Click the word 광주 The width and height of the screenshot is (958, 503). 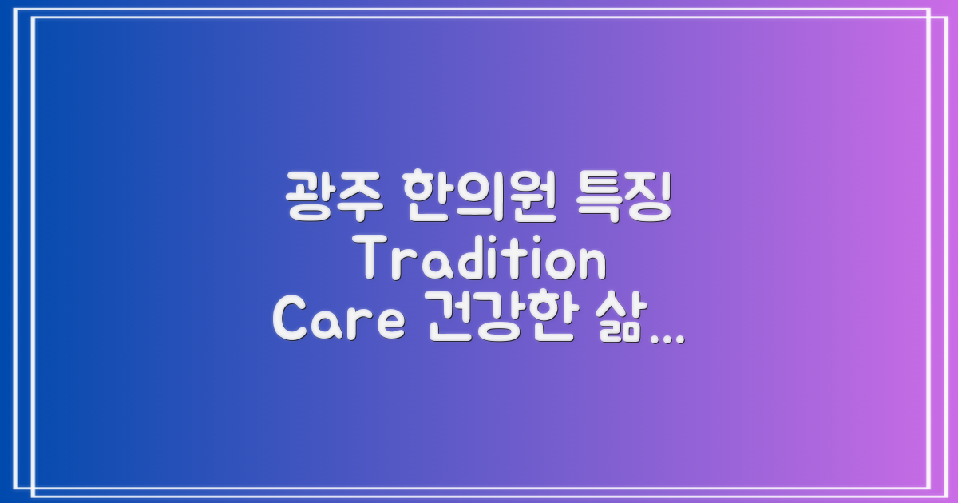(330, 197)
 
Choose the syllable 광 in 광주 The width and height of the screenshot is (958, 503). (307, 197)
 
